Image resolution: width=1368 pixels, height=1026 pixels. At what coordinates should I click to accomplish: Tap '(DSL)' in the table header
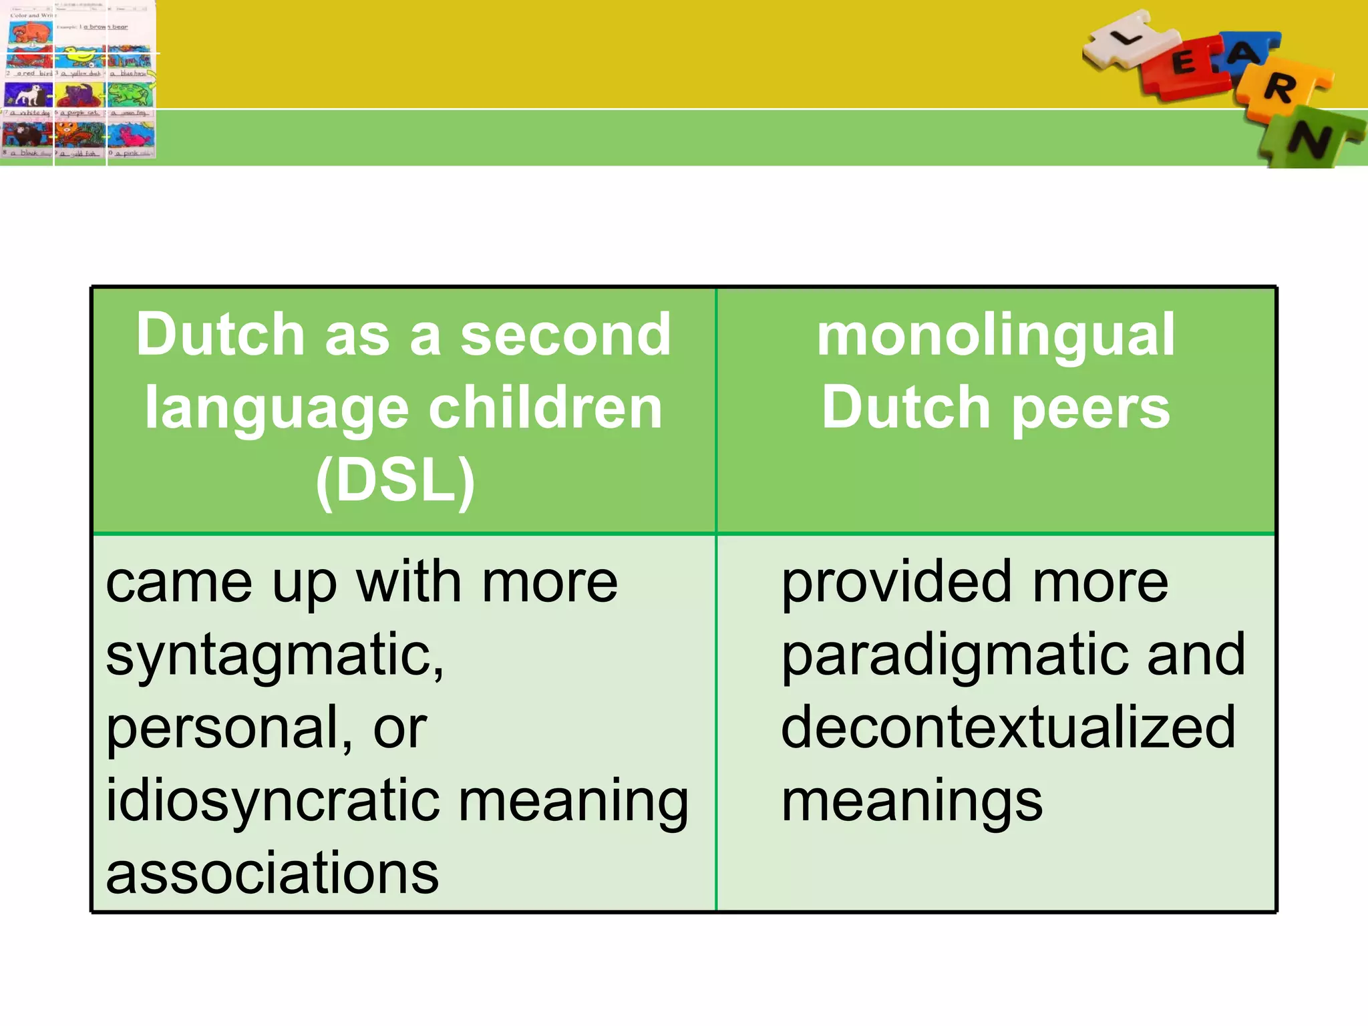[395, 480]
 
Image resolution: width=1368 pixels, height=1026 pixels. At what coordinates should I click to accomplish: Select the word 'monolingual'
[995, 335]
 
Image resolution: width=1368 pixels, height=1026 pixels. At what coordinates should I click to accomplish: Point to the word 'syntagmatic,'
[275, 656]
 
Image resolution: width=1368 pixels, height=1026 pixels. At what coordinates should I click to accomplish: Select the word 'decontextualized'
[1008, 728]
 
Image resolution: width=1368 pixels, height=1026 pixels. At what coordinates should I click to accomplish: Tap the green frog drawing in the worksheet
[131, 96]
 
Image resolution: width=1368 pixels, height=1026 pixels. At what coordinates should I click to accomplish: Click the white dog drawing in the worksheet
[28, 96]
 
